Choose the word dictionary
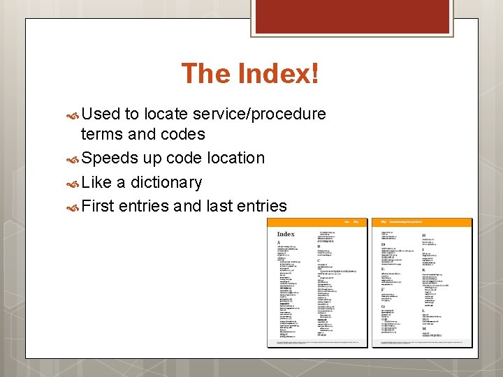tap(167, 183)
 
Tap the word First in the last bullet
tap(98, 207)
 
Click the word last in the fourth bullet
tap(217, 207)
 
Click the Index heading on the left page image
tap(286, 234)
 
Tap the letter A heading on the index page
tap(279, 242)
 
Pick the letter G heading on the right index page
tap(382, 306)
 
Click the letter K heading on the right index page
tap(423, 270)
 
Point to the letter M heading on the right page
tap(423, 328)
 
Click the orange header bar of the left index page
tap(314, 221)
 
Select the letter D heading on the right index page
tap(382, 244)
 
